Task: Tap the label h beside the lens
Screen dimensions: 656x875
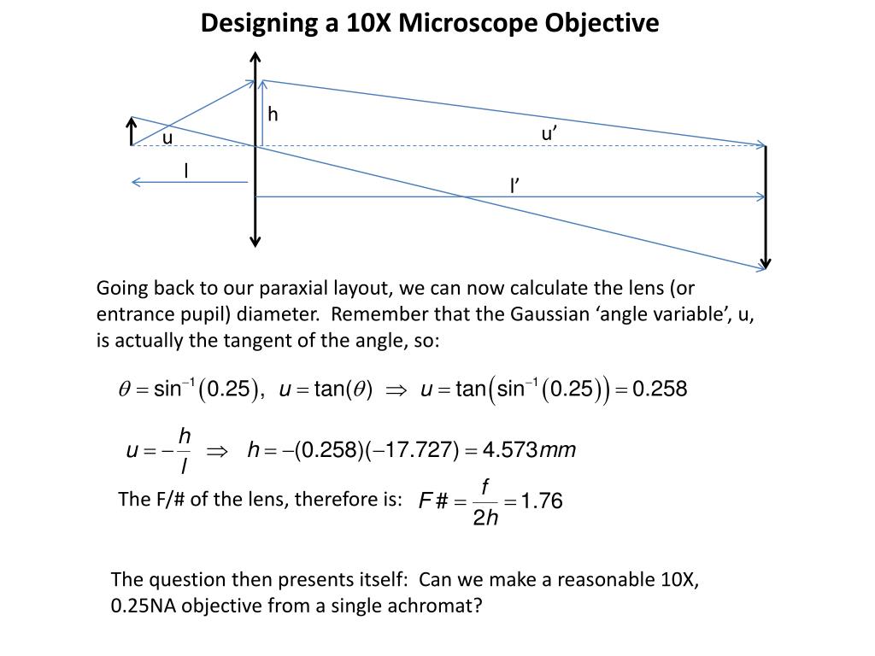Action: tap(273, 114)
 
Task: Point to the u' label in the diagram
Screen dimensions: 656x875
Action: tap(549, 133)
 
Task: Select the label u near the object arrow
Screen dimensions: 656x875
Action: tap(167, 138)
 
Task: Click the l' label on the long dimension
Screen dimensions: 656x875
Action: tap(515, 185)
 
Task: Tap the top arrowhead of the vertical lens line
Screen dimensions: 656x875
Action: tap(255, 57)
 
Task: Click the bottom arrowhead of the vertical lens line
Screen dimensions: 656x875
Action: tap(255, 241)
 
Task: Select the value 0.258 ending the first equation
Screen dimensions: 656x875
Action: tap(659, 389)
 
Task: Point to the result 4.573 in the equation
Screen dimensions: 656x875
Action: tap(509, 450)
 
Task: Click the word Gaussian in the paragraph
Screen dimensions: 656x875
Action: tap(546, 314)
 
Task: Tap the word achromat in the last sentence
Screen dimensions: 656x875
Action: tap(447, 606)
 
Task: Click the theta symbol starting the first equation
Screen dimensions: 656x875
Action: tap(122, 390)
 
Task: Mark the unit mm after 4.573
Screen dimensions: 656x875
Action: tap(559, 450)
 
